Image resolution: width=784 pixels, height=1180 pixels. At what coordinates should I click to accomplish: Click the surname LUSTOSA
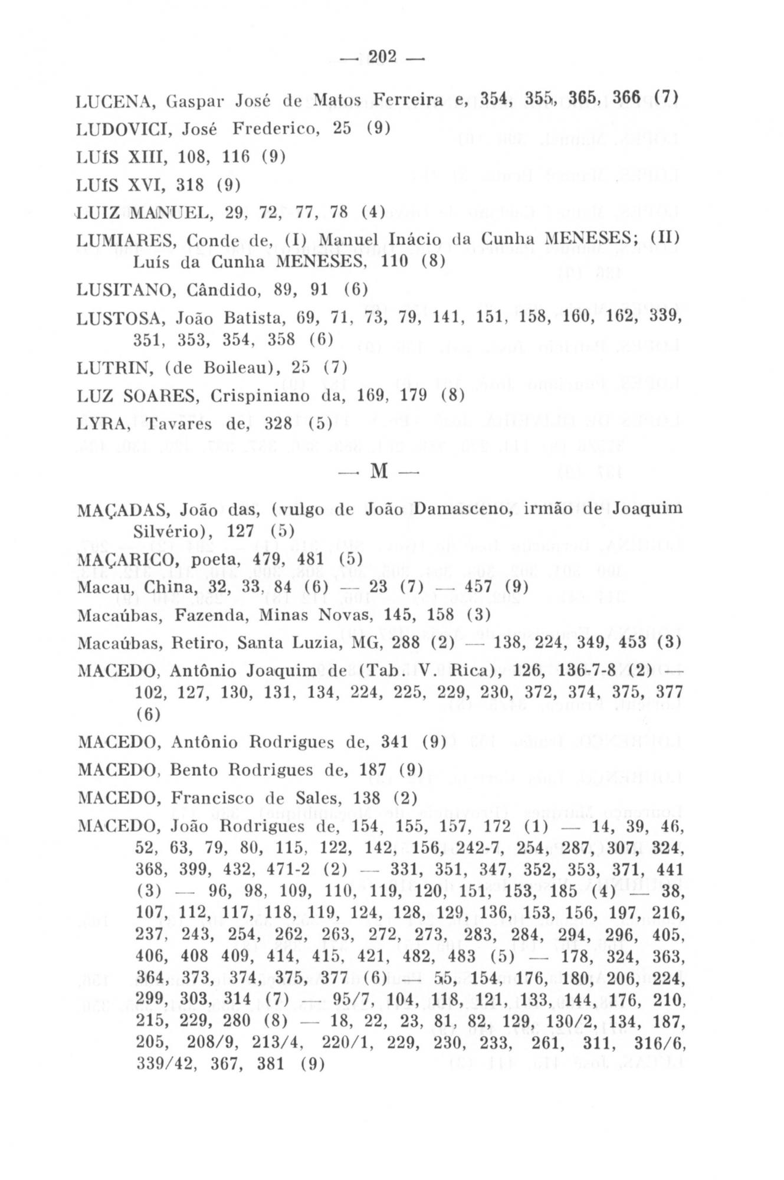[x=122, y=318]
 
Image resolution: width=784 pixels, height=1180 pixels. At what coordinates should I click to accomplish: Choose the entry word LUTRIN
[x=111, y=367]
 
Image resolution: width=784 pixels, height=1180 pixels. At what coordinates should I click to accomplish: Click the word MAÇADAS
[x=123, y=509]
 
